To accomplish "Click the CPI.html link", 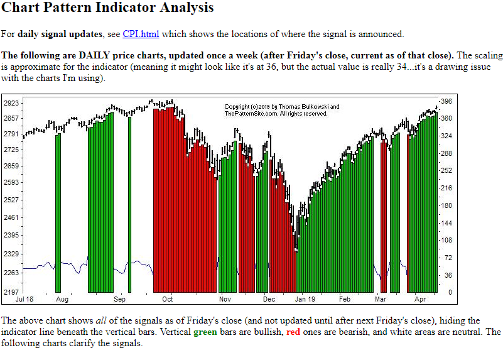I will point(141,34).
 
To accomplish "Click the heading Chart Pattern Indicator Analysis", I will point(108,8).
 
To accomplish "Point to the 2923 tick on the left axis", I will point(11,102).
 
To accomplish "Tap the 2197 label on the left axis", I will point(11,292).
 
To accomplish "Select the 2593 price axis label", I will point(11,182).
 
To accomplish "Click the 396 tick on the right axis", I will point(446,101).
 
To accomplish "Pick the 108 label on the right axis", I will point(446,240).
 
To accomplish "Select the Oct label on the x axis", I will point(168,300).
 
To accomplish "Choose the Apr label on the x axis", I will point(420,300).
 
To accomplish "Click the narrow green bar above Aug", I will point(58,214).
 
